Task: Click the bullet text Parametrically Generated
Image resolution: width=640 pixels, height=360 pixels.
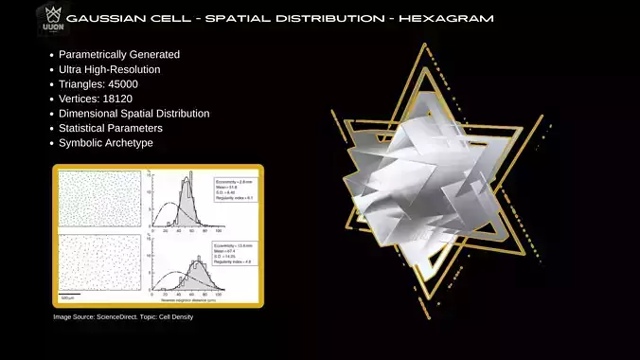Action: coord(118,54)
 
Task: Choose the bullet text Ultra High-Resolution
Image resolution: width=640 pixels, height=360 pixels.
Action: coord(109,69)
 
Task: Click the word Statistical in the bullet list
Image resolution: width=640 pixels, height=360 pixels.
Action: coord(83,128)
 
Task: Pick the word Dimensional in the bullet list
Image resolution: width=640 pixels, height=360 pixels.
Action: coord(88,113)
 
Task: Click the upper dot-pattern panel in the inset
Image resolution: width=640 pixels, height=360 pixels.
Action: coord(99,199)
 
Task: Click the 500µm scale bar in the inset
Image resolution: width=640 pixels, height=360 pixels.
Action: coord(67,297)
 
